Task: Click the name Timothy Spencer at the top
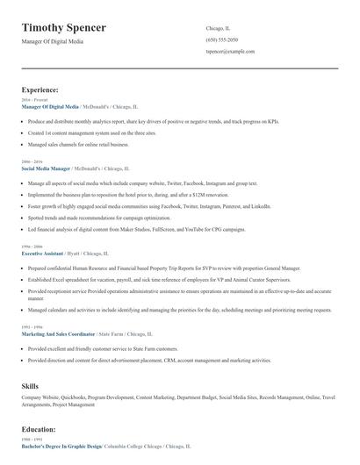(x=64, y=28)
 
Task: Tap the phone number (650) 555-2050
(x=223, y=39)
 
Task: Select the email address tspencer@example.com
(x=230, y=52)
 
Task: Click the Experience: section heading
(x=40, y=89)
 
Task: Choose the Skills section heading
(x=31, y=386)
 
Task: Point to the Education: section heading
(x=39, y=430)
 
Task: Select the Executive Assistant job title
(x=41, y=254)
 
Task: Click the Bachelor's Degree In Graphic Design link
(x=61, y=446)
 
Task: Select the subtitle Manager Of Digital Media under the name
(x=53, y=42)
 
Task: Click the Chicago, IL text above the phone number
(x=218, y=28)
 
